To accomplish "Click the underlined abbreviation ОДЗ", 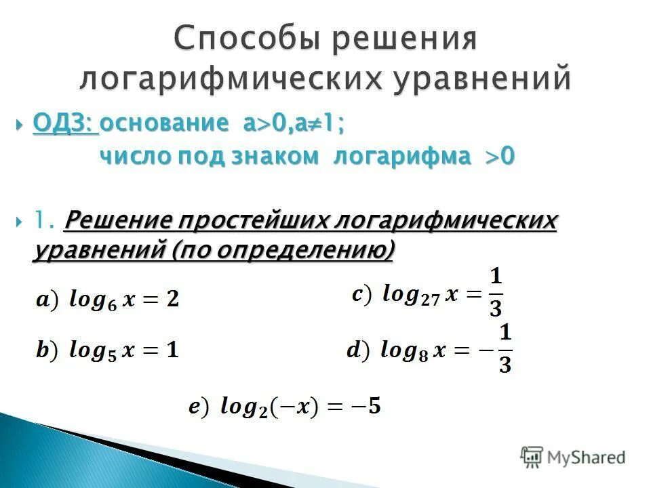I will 64,124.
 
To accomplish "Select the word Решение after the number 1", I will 121,220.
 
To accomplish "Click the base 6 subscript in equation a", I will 113,304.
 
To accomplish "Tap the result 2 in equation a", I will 173,298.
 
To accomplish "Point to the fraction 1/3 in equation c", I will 496,292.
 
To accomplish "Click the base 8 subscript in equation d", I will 423,356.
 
